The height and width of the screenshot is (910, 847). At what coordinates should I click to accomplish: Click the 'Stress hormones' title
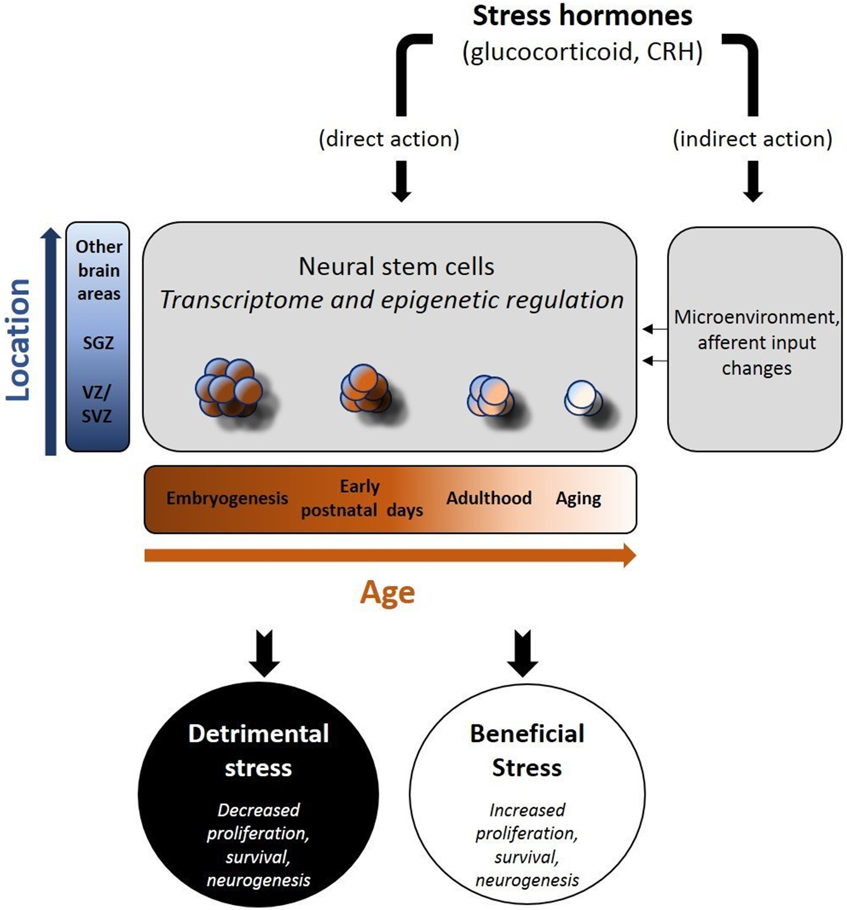click(x=582, y=16)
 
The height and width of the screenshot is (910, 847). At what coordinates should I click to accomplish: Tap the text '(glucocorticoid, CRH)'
click(x=582, y=52)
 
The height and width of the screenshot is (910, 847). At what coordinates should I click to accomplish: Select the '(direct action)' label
click(x=389, y=139)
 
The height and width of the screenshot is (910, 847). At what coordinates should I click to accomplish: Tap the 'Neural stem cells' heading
click(x=396, y=266)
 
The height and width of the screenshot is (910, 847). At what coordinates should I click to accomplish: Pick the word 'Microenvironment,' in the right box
click(x=756, y=317)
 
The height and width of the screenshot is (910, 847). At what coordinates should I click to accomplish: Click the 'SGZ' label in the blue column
click(x=98, y=343)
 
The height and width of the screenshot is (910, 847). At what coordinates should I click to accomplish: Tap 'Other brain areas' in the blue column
click(x=98, y=270)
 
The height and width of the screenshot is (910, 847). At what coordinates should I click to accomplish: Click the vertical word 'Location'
click(x=18, y=340)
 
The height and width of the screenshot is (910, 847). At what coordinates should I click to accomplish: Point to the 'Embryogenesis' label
click(x=227, y=498)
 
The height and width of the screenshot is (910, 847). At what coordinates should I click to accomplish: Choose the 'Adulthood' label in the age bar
click(x=488, y=498)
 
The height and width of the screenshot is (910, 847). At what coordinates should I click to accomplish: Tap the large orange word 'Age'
click(x=387, y=593)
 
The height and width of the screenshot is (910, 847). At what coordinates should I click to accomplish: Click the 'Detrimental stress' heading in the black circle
click(x=258, y=751)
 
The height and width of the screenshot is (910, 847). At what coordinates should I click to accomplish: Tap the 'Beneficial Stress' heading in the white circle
click(x=527, y=751)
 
